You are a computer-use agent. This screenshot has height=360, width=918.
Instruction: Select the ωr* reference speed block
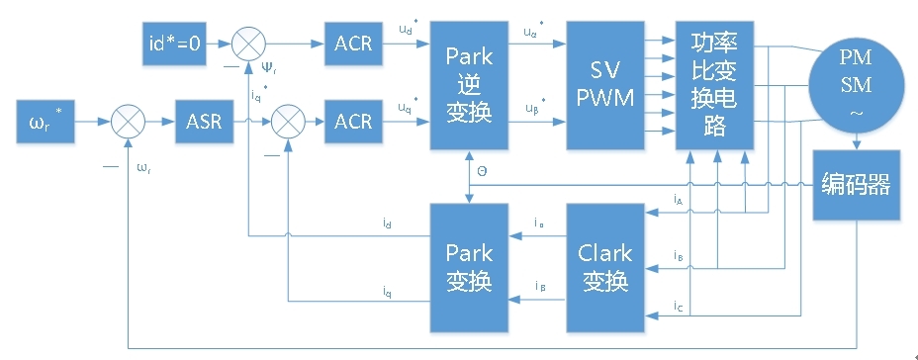[x=49, y=123]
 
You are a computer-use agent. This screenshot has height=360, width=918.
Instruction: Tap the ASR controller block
[x=204, y=123]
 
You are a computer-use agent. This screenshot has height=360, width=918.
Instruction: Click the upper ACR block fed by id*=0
[x=353, y=45]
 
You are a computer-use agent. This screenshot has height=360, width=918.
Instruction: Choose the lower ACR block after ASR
[x=353, y=123]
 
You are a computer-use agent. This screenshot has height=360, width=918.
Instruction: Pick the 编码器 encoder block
[x=857, y=185]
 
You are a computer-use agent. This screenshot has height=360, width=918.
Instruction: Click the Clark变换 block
[x=604, y=267]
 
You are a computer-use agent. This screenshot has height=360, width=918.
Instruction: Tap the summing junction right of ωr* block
[x=129, y=123]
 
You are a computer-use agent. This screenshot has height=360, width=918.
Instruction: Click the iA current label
[x=678, y=201]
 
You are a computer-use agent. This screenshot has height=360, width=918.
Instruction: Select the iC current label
[x=678, y=306]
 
